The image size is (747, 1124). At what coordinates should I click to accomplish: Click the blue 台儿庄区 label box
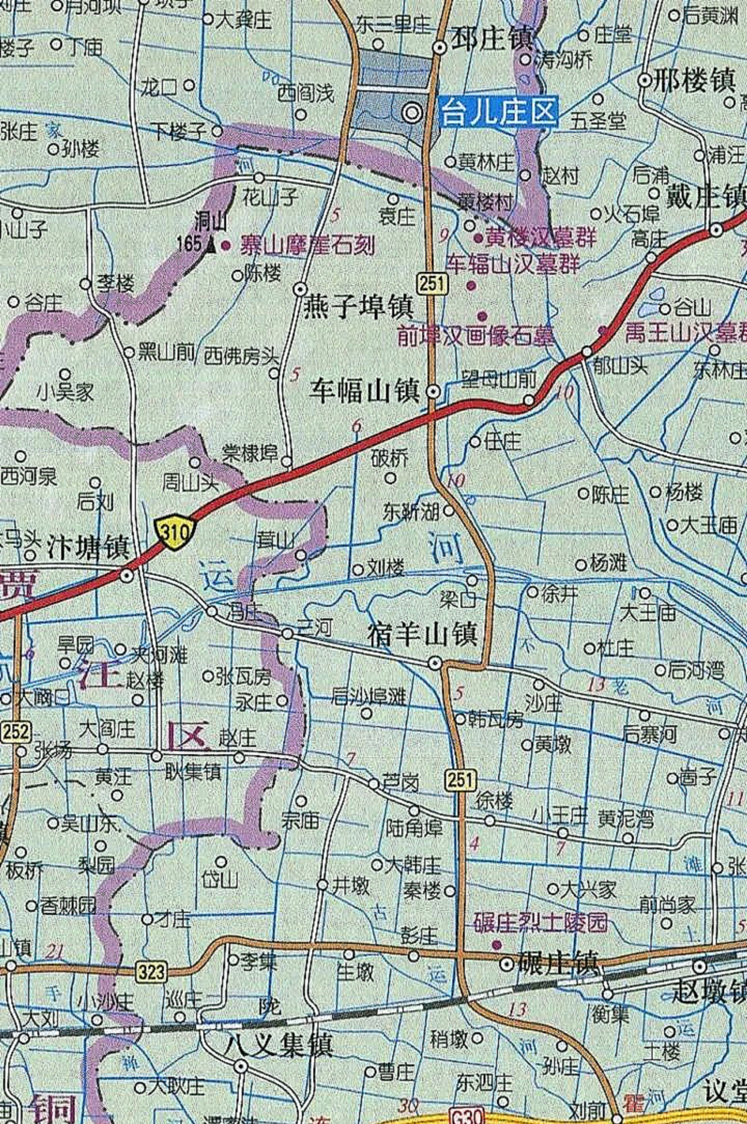[498, 112]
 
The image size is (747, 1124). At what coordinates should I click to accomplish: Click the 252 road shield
[15, 731]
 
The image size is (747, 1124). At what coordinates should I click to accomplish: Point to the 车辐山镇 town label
[364, 392]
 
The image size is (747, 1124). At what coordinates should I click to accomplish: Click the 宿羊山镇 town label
[423, 635]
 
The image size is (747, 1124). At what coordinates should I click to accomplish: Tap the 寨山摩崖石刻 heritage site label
[307, 245]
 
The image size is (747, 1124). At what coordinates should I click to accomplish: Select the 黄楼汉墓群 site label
[540, 238]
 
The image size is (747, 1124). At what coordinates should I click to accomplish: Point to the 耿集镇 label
[193, 772]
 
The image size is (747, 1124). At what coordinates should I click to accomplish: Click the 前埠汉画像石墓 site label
[475, 336]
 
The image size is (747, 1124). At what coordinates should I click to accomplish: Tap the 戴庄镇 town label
[706, 197]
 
